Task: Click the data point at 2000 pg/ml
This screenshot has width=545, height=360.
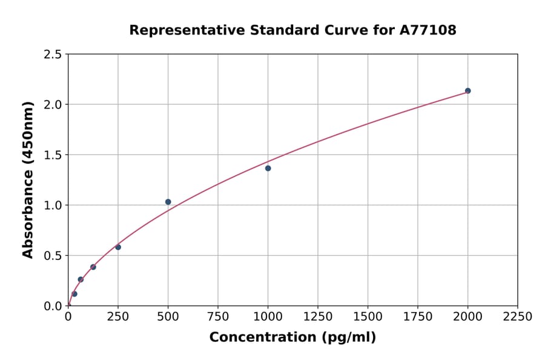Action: [467, 91]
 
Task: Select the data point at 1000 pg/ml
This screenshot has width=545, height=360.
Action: [268, 168]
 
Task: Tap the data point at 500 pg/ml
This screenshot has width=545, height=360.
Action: [168, 202]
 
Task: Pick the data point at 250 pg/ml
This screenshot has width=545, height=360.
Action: [118, 247]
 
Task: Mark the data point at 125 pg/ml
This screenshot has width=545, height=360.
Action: [93, 267]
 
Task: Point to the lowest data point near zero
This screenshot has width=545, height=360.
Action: [74, 294]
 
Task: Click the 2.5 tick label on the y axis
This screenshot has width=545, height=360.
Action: [53, 55]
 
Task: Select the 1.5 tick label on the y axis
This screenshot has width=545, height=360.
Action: [53, 155]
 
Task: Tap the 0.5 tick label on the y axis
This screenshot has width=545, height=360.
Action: [53, 256]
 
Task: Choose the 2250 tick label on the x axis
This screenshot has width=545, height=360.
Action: [517, 317]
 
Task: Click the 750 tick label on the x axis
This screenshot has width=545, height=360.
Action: [218, 317]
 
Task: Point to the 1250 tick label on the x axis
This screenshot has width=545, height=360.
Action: [318, 317]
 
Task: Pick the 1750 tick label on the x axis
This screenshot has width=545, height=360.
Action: [417, 317]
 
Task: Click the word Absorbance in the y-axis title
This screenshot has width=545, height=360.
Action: [28, 212]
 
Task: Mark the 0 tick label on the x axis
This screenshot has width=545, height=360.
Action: [68, 317]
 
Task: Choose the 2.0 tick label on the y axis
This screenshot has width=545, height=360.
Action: [53, 105]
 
